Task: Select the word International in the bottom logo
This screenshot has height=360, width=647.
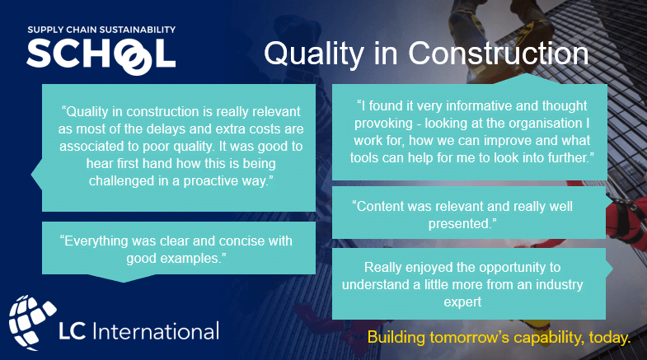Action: coord(157,332)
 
